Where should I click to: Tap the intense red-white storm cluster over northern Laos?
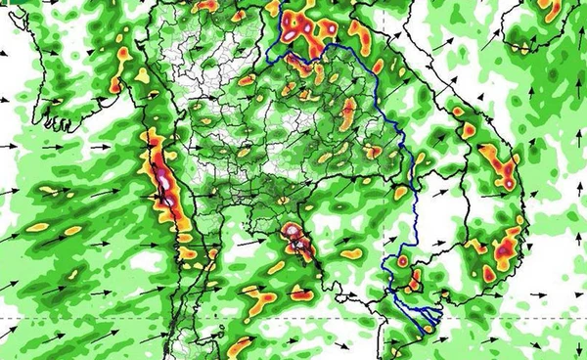click(303, 29)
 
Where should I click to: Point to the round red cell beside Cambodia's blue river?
click(402, 261)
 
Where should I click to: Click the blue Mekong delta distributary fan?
click(416, 313)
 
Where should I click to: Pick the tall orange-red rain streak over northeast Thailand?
click(347, 112)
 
